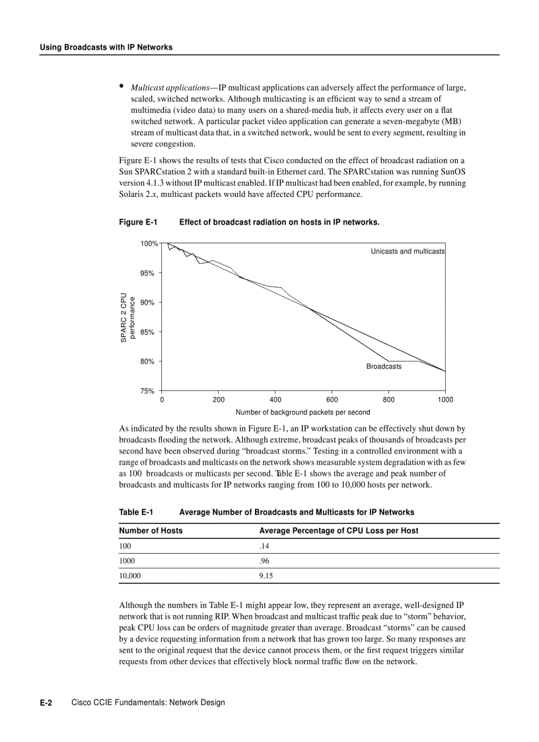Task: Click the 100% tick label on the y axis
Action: pos(149,244)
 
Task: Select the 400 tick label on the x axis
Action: pos(275,400)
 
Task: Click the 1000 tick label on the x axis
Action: pos(445,400)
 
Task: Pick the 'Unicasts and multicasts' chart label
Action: pos(408,251)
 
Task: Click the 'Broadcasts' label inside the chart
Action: pos(384,366)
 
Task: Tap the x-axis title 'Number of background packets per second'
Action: pos(303,412)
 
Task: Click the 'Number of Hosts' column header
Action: pos(151,531)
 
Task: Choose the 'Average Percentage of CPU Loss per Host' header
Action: pos(339,531)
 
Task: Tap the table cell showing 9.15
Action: pos(266,575)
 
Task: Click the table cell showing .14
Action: pos(264,546)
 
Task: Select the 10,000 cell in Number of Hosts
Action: pos(130,575)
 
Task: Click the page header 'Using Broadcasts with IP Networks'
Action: pos(106,48)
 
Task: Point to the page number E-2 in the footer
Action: pos(46,702)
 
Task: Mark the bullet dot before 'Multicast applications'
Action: pos(122,86)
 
